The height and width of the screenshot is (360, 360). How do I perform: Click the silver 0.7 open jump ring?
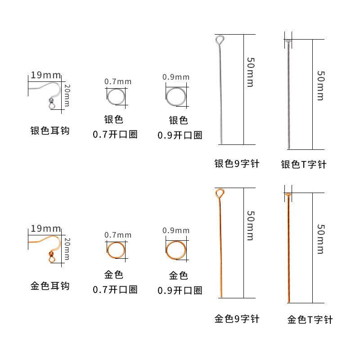pyautogui.click(x=117, y=97)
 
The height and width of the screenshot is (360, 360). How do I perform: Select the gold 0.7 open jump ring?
pyautogui.click(x=117, y=250)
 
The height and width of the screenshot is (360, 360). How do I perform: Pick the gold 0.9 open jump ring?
pyautogui.click(x=175, y=250)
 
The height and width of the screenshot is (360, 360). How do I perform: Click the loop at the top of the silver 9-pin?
pyautogui.click(x=219, y=40)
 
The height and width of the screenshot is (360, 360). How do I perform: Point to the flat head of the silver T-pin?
pyautogui.click(x=288, y=41)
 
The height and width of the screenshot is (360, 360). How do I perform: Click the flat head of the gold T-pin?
pyautogui.click(x=288, y=194)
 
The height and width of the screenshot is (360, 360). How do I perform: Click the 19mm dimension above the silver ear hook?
pyautogui.click(x=45, y=75)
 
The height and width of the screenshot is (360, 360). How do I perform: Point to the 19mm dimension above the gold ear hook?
pyautogui.click(x=45, y=229)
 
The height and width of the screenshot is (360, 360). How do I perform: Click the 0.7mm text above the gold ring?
pyautogui.click(x=118, y=235)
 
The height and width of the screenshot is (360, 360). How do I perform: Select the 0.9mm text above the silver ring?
pyautogui.click(x=176, y=77)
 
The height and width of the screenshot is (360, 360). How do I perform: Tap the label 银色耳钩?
pyautogui.click(x=50, y=131)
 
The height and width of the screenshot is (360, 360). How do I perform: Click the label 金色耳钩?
pyautogui.click(x=50, y=286)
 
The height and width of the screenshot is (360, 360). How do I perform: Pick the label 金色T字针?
pyautogui.click(x=310, y=320)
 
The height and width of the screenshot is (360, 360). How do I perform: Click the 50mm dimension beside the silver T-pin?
pyautogui.click(x=320, y=85)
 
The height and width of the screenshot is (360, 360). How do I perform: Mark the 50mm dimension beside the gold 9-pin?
pyautogui.click(x=250, y=225)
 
